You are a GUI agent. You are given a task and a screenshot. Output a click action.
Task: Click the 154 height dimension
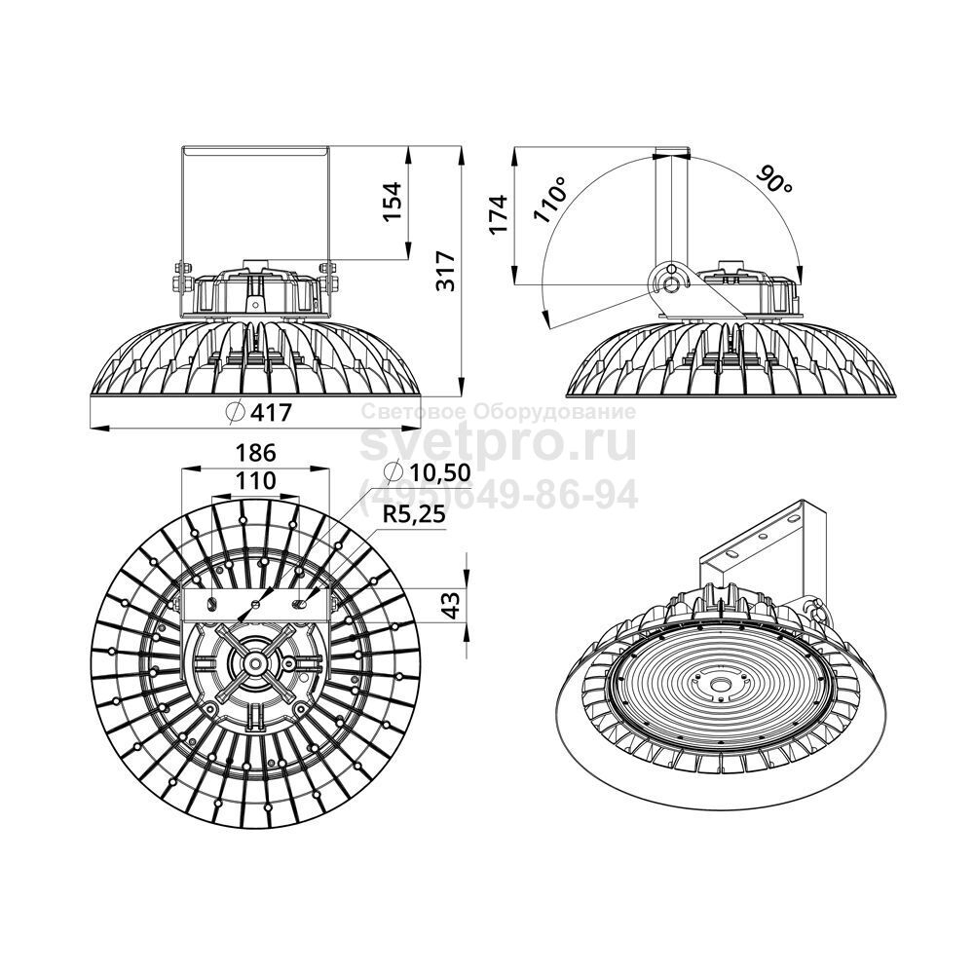click(x=392, y=202)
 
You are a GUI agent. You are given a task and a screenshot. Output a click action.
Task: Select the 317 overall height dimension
click(x=445, y=271)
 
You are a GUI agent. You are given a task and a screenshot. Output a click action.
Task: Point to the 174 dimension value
click(x=499, y=213)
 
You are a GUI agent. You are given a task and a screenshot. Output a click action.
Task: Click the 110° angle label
click(x=551, y=199)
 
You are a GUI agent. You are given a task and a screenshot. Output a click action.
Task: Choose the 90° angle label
click(x=774, y=180)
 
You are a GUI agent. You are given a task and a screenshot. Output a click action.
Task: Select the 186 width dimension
click(x=255, y=453)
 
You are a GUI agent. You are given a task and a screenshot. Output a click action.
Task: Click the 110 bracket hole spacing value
click(x=255, y=480)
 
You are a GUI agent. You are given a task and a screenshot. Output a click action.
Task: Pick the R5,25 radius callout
click(x=415, y=514)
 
